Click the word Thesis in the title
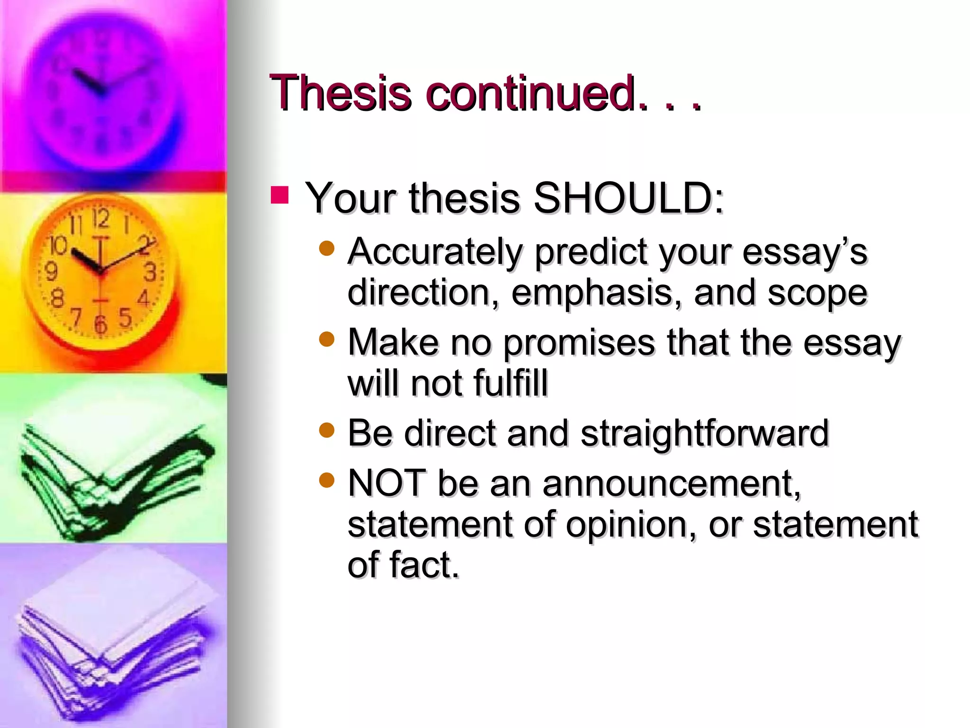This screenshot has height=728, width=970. (340, 93)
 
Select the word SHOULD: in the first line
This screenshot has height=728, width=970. (629, 198)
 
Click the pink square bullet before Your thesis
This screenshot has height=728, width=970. (279, 195)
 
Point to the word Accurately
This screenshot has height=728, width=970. (435, 252)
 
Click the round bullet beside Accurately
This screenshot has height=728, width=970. (327, 248)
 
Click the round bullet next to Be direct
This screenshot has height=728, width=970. (327, 430)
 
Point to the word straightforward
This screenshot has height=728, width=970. (704, 434)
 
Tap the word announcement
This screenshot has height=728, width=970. (671, 484)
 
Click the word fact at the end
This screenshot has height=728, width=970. (424, 565)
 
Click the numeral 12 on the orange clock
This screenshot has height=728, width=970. (100, 219)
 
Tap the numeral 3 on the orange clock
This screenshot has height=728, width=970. (150, 273)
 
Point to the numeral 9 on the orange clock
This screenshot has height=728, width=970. (51, 272)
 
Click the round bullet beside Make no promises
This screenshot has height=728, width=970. (327, 339)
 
